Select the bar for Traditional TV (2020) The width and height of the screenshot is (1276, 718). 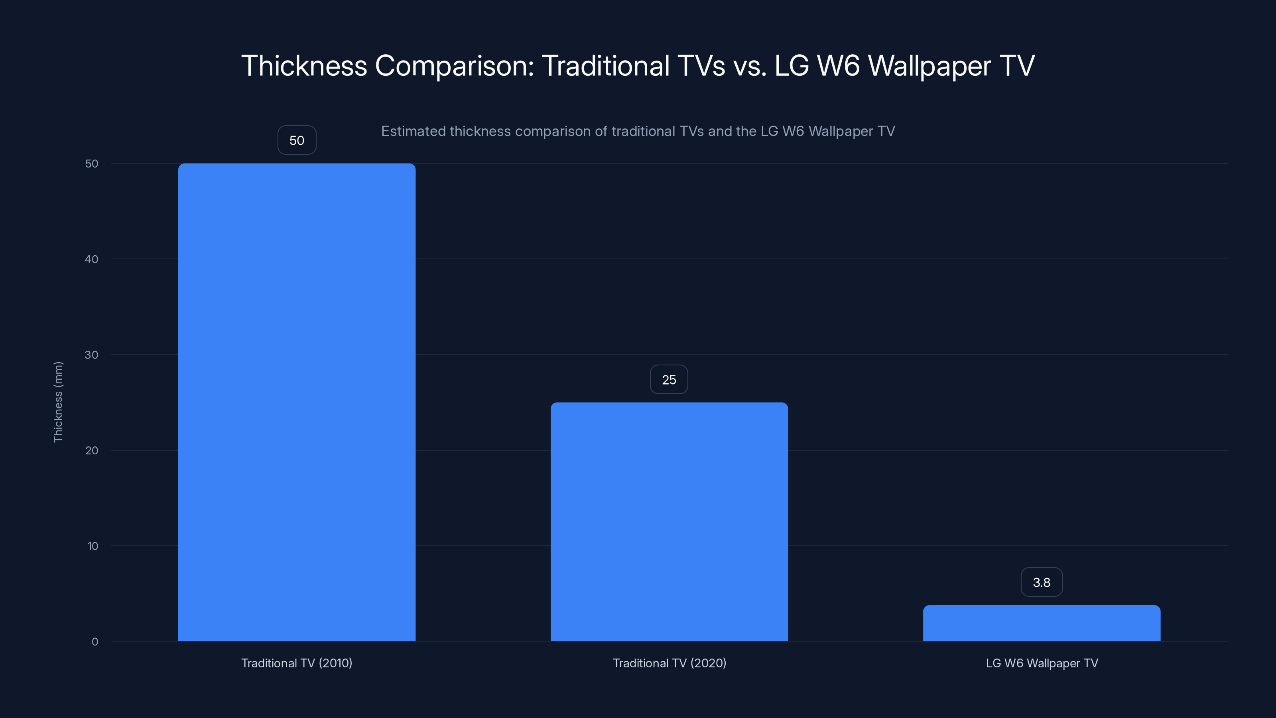(x=669, y=521)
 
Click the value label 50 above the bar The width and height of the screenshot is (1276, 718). (x=297, y=140)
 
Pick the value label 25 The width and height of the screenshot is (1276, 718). (x=669, y=380)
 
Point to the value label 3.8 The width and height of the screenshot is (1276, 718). (x=1041, y=582)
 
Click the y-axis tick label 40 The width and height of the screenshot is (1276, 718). (x=92, y=259)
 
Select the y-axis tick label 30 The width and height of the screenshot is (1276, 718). (x=92, y=355)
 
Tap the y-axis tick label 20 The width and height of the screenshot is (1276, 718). (x=92, y=450)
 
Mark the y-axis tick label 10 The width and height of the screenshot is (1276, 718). (x=93, y=546)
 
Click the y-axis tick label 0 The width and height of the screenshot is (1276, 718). (x=95, y=642)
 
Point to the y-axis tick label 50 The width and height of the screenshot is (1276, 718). (x=92, y=164)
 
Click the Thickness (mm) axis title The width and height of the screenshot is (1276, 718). (x=58, y=402)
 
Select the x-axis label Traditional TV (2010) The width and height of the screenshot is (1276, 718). (x=297, y=663)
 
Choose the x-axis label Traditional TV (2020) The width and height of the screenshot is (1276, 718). (x=669, y=663)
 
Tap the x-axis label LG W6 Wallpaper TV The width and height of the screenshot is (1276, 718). (x=1042, y=663)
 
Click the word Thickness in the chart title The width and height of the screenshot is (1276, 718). (x=303, y=65)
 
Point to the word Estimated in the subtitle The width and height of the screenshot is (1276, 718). (x=413, y=131)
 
